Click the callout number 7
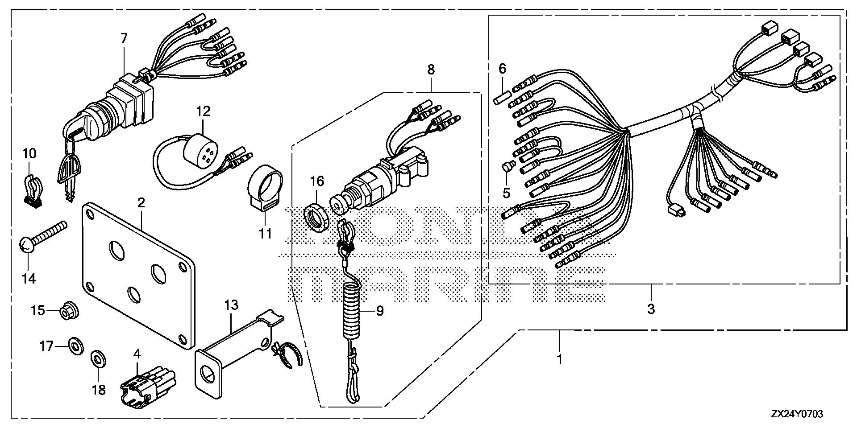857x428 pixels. (124, 38)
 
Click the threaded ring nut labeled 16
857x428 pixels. (317, 218)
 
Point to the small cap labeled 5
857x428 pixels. (507, 167)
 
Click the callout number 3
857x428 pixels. (651, 308)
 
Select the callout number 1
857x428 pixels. (559, 359)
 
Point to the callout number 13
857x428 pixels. (231, 305)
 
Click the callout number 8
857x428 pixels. (431, 70)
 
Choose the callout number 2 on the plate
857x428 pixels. (141, 203)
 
